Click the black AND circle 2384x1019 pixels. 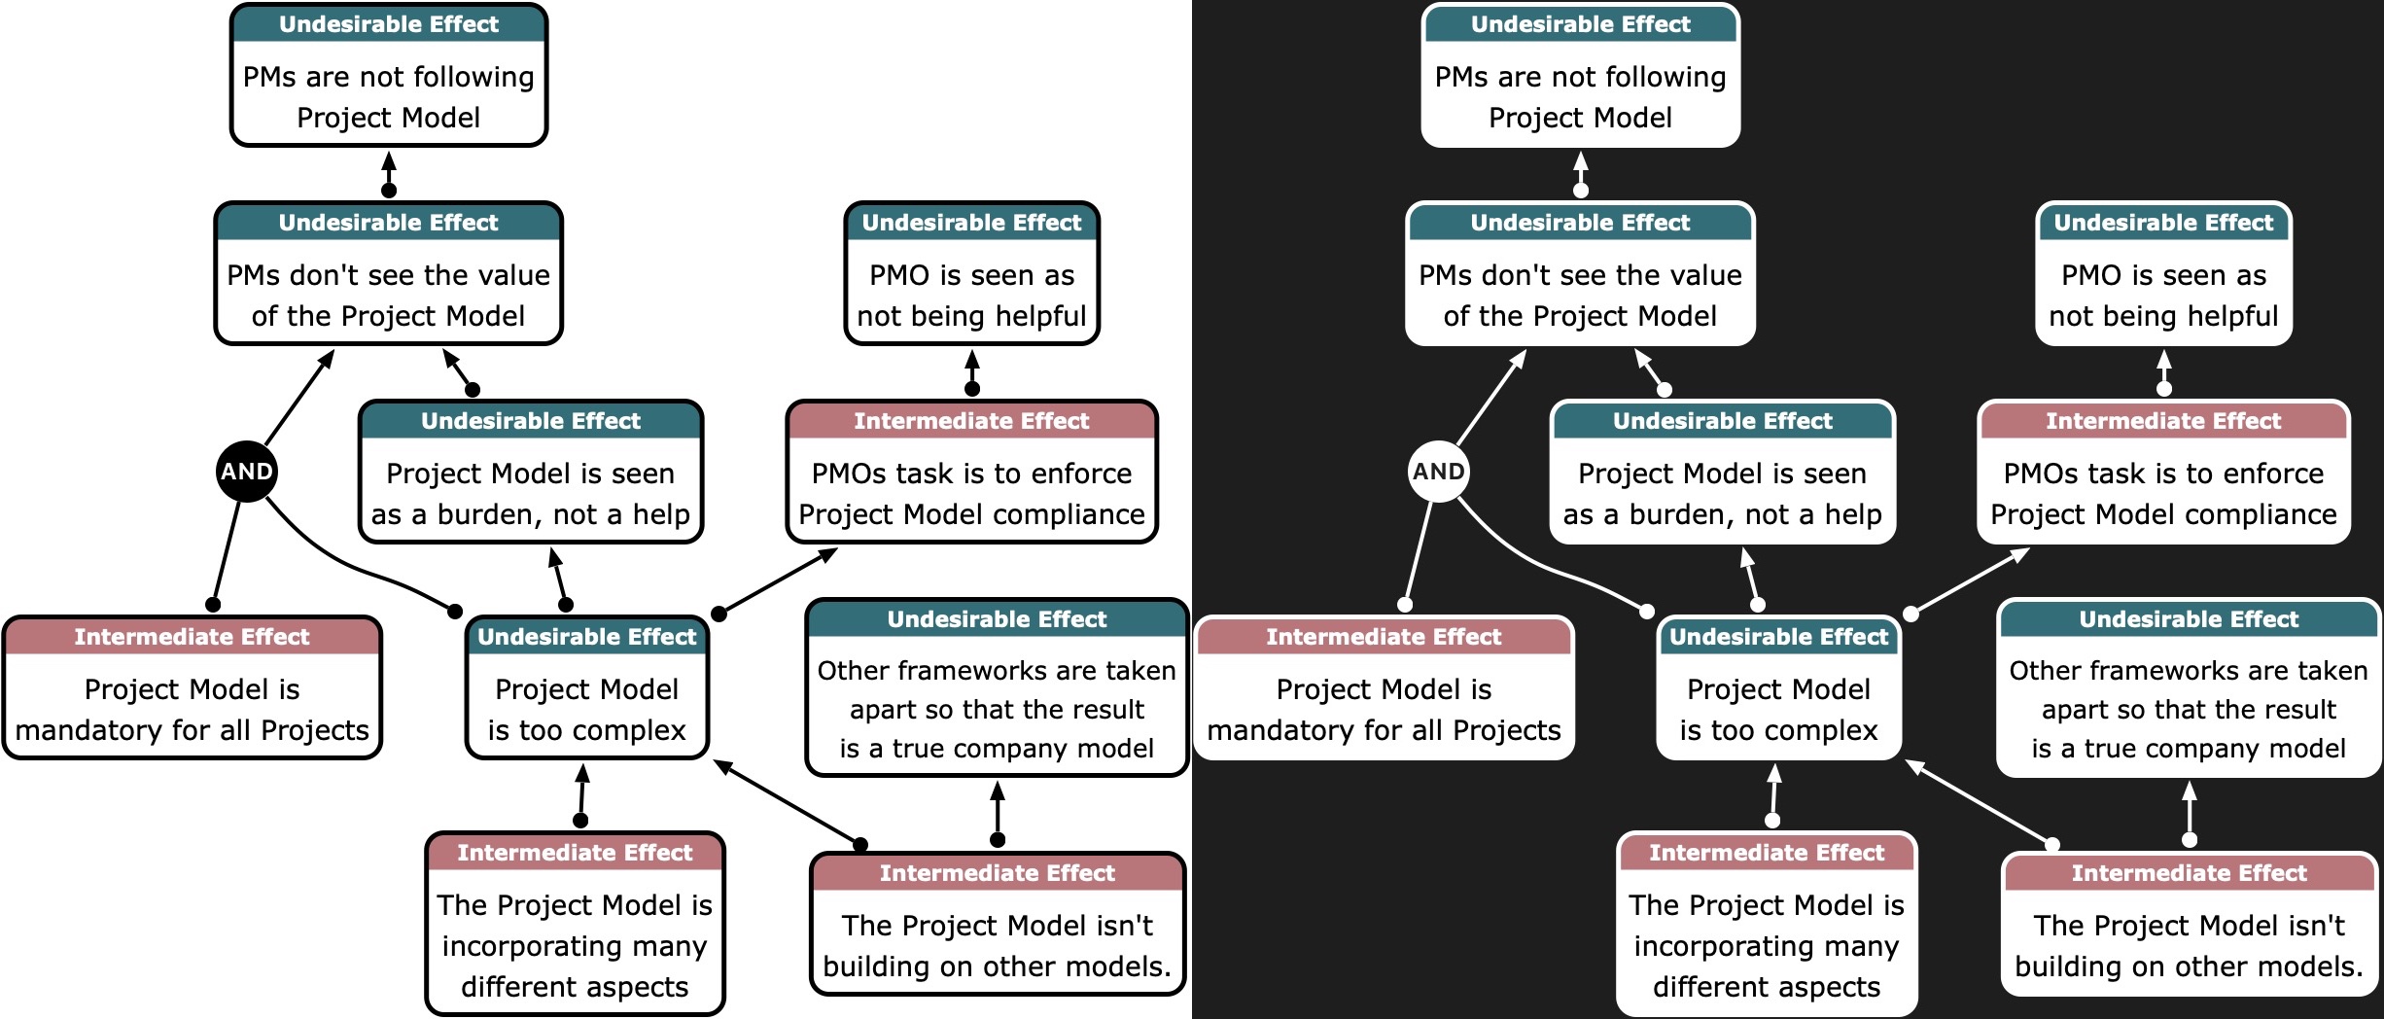[247, 472]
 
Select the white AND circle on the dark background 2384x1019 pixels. [1439, 472]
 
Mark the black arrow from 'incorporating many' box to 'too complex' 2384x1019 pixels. [581, 793]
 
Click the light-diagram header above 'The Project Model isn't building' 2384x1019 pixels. [997, 873]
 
